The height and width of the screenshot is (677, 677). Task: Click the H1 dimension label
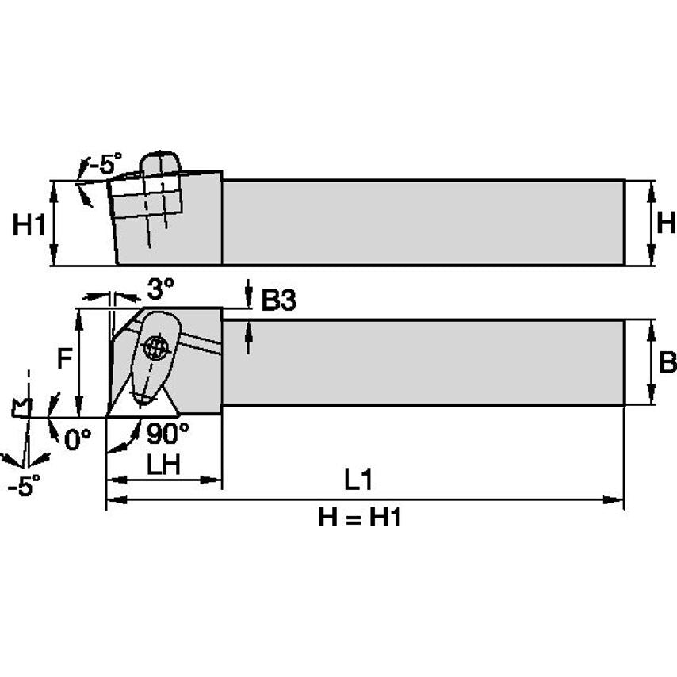[x=29, y=225]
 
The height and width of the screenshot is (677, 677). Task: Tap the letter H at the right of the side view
[x=666, y=223]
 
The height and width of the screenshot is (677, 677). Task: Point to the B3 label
[x=279, y=300]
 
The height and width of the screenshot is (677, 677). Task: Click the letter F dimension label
[x=65, y=359]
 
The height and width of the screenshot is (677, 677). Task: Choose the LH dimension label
[x=163, y=465]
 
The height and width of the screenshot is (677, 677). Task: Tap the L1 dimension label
[x=358, y=480]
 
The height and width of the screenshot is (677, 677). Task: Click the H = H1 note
[x=360, y=517]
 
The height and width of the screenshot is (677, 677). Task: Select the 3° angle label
[x=161, y=289]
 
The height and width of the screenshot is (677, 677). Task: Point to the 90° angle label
[x=168, y=433]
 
